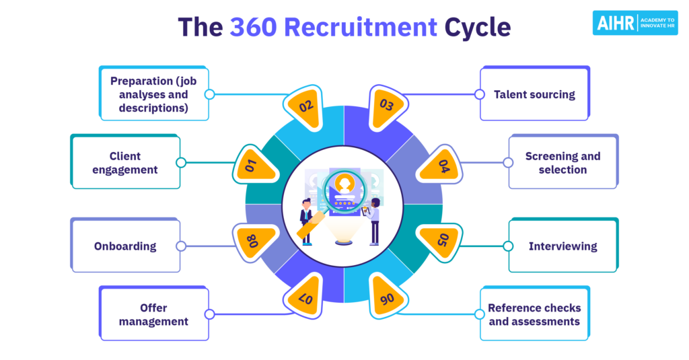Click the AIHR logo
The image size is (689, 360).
pyautogui.click(x=634, y=23)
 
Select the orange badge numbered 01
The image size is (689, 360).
pyautogui.click(x=255, y=164)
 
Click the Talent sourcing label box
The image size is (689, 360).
pyautogui.click(x=534, y=94)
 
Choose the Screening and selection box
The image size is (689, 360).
pyautogui.click(x=563, y=163)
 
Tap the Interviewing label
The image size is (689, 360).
pyautogui.click(x=563, y=246)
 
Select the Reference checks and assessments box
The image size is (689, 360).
pyautogui.click(x=534, y=314)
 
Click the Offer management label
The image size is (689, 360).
pyautogui.click(x=153, y=314)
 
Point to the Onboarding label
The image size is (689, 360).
pyautogui.click(x=125, y=246)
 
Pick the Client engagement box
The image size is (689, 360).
pyautogui.click(x=125, y=163)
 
